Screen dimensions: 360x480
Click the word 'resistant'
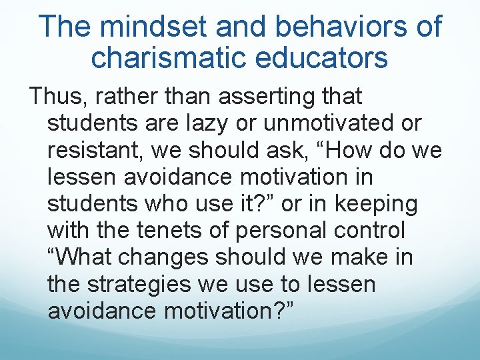pos(93,151)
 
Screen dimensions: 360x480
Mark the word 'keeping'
pos(377,204)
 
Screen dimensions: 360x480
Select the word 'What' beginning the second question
pos(83,257)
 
